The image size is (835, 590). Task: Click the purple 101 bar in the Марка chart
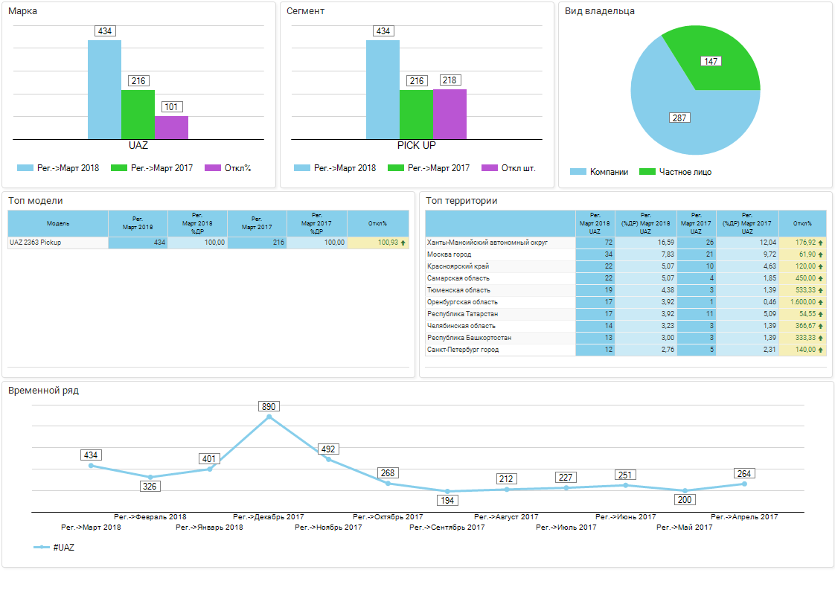point(171,127)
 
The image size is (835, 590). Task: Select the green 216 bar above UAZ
point(138,115)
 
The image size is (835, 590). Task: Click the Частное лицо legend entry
point(676,172)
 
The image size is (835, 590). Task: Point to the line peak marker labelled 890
point(269,417)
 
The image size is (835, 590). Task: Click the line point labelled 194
point(447,492)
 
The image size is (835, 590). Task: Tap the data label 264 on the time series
point(744,473)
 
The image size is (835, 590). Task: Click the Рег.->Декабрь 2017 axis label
point(268,516)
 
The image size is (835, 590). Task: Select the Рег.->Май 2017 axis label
point(684,528)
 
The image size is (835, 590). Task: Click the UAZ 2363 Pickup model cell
point(35,243)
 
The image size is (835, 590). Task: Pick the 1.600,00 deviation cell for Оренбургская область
point(802,302)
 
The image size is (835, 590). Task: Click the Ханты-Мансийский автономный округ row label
point(487,243)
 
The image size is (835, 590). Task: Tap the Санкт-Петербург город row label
point(463,350)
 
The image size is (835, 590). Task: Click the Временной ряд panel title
point(43,390)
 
